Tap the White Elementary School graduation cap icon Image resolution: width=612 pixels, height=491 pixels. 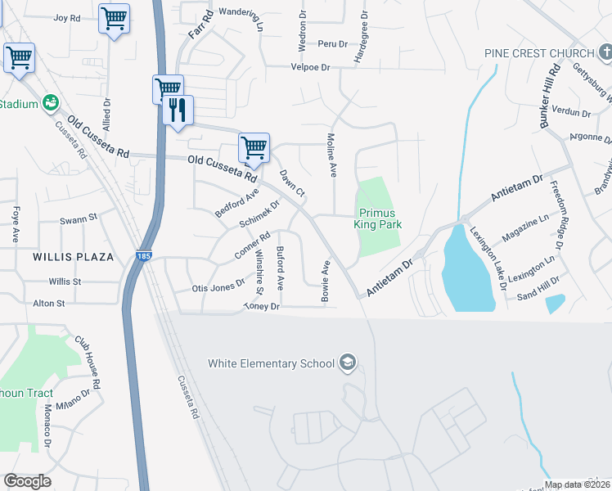(348, 363)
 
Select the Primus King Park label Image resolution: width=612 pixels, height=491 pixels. (379, 218)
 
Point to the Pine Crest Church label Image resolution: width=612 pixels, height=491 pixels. (538, 53)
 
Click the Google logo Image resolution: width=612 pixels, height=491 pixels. (27, 481)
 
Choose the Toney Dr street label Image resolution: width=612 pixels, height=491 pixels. (262, 307)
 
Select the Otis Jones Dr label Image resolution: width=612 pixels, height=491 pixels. (218, 287)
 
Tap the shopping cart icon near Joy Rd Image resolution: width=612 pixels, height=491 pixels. (114, 17)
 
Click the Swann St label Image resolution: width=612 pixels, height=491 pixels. (79, 219)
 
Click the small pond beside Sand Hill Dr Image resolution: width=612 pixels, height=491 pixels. (554, 304)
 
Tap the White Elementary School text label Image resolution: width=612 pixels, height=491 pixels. (271, 363)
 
